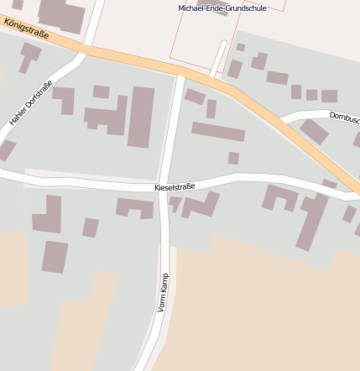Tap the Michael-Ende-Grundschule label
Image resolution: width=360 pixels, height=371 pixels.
tap(222, 8)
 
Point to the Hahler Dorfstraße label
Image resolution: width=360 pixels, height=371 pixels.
tap(31, 103)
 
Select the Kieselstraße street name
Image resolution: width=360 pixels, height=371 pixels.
tap(175, 188)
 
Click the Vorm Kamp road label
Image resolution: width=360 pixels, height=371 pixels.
tap(163, 293)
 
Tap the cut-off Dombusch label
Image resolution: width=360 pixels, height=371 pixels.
tap(344, 117)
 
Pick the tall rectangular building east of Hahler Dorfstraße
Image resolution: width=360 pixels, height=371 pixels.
tap(140, 117)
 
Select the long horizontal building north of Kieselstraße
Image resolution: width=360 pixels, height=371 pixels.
tap(218, 132)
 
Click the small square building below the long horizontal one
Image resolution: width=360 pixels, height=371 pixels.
tap(233, 158)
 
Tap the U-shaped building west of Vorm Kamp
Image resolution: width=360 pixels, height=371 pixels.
tap(134, 207)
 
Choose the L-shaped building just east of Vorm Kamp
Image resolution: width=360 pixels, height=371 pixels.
tap(200, 205)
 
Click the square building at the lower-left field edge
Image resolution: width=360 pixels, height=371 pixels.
tap(55, 257)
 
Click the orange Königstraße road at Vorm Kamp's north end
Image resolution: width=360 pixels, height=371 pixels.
tap(180, 71)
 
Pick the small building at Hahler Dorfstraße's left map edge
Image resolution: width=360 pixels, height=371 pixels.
tap(7, 149)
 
